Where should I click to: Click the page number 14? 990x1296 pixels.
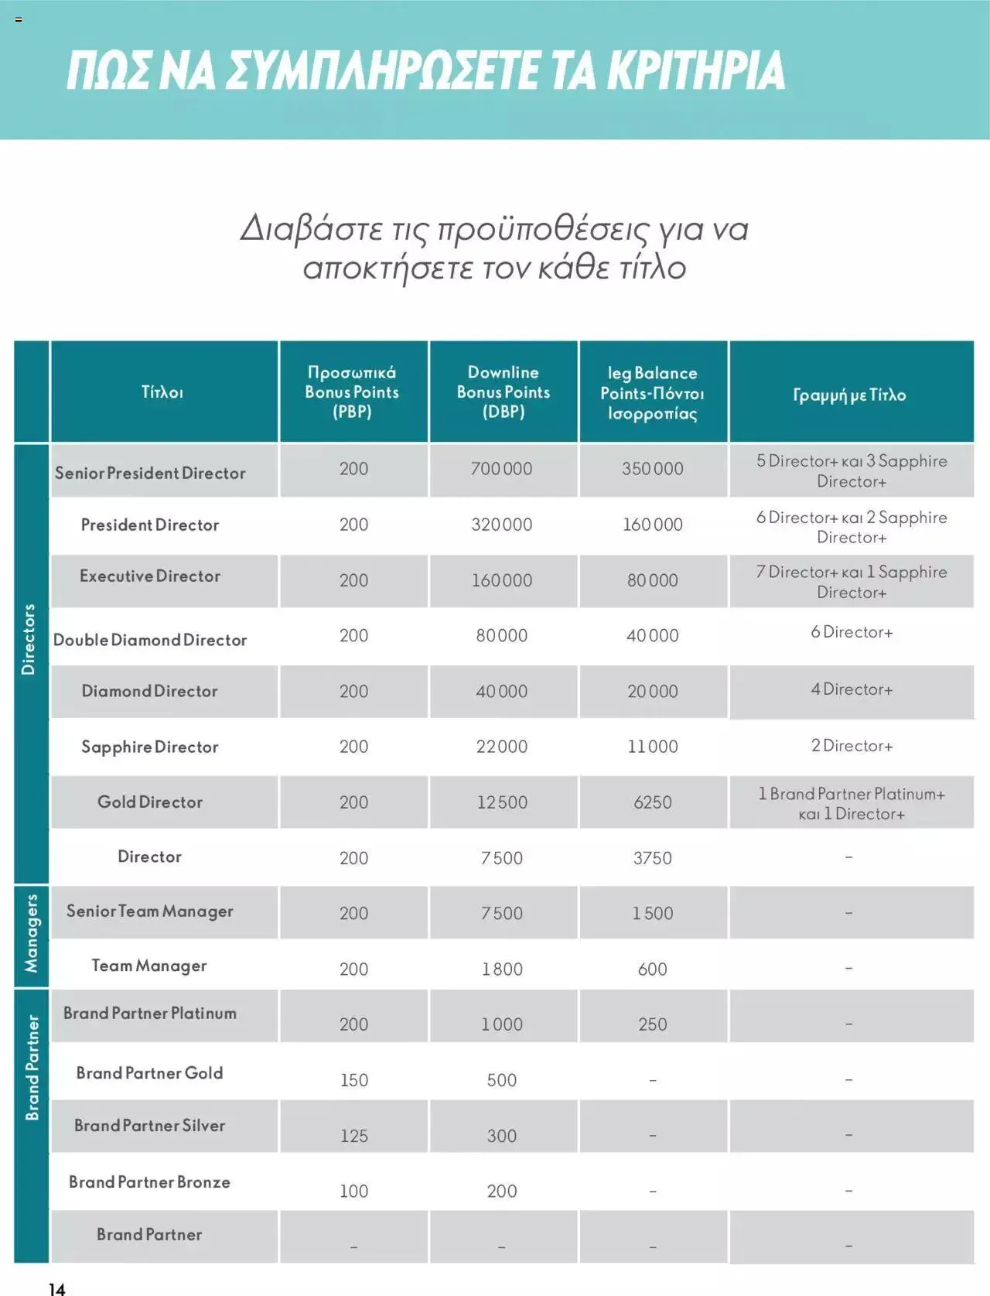click(x=57, y=1287)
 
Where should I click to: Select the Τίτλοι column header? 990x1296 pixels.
click(x=162, y=392)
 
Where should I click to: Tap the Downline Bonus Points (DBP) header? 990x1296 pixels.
click(x=504, y=392)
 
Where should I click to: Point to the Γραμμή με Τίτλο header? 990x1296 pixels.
click(x=849, y=395)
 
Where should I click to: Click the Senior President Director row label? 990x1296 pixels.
click(x=150, y=473)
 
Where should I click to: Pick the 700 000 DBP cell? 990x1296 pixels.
click(x=502, y=469)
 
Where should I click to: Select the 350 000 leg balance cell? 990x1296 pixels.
click(x=653, y=469)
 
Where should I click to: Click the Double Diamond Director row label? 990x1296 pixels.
click(x=150, y=640)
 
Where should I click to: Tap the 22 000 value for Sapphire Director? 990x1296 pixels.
click(x=502, y=747)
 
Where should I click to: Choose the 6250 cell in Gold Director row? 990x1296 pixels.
click(x=653, y=802)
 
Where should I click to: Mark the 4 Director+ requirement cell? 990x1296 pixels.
click(x=852, y=689)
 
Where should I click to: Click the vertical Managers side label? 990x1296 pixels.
click(x=32, y=934)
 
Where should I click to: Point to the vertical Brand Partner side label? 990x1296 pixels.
click(x=32, y=1068)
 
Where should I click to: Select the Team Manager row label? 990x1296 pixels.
click(x=149, y=966)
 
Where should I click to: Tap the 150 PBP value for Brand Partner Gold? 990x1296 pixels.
click(x=354, y=1080)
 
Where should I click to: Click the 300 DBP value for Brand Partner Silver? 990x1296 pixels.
click(x=502, y=1136)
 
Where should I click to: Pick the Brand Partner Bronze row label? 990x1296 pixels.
click(x=149, y=1182)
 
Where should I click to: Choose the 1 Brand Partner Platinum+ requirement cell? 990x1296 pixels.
click(x=852, y=803)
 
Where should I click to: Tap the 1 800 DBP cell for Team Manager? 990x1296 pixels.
click(x=502, y=969)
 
